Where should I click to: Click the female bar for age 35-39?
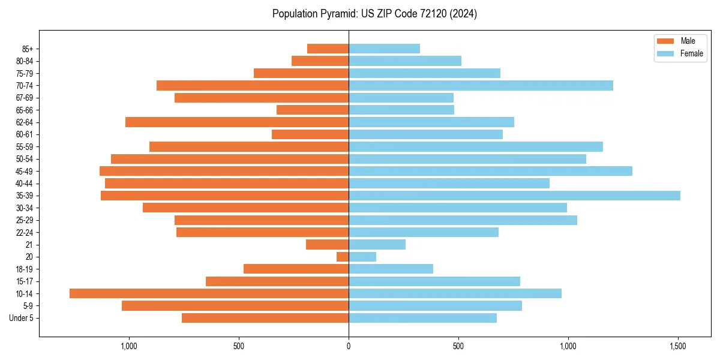(514, 196)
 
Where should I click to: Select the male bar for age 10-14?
(209, 293)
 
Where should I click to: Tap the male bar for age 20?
(343, 257)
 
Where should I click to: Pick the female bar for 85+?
(384, 49)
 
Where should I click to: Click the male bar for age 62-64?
(237, 122)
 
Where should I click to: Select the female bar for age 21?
(377, 244)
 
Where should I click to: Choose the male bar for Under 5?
(265, 318)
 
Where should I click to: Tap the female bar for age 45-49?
(490, 171)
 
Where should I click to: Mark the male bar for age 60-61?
(310, 134)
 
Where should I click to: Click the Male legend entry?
(688, 41)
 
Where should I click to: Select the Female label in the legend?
(691, 53)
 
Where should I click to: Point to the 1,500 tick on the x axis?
(678, 346)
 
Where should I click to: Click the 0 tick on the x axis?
(349, 346)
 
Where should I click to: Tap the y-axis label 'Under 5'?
(22, 318)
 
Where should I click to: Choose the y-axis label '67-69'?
(25, 98)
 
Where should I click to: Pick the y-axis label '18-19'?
(25, 269)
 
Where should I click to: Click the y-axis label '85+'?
(27, 49)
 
